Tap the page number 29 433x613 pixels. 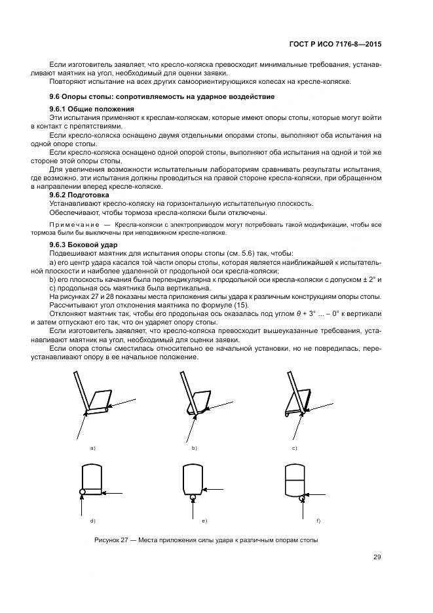tap(377, 557)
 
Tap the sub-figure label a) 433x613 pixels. tap(93, 448)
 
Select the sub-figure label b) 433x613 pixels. tap(195, 448)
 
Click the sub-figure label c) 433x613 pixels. tap(295, 448)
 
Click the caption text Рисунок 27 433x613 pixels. tap(113, 540)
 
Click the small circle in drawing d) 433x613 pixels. tap(82, 491)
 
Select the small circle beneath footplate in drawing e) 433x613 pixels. tap(193, 497)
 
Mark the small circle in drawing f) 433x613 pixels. tap(302, 498)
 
